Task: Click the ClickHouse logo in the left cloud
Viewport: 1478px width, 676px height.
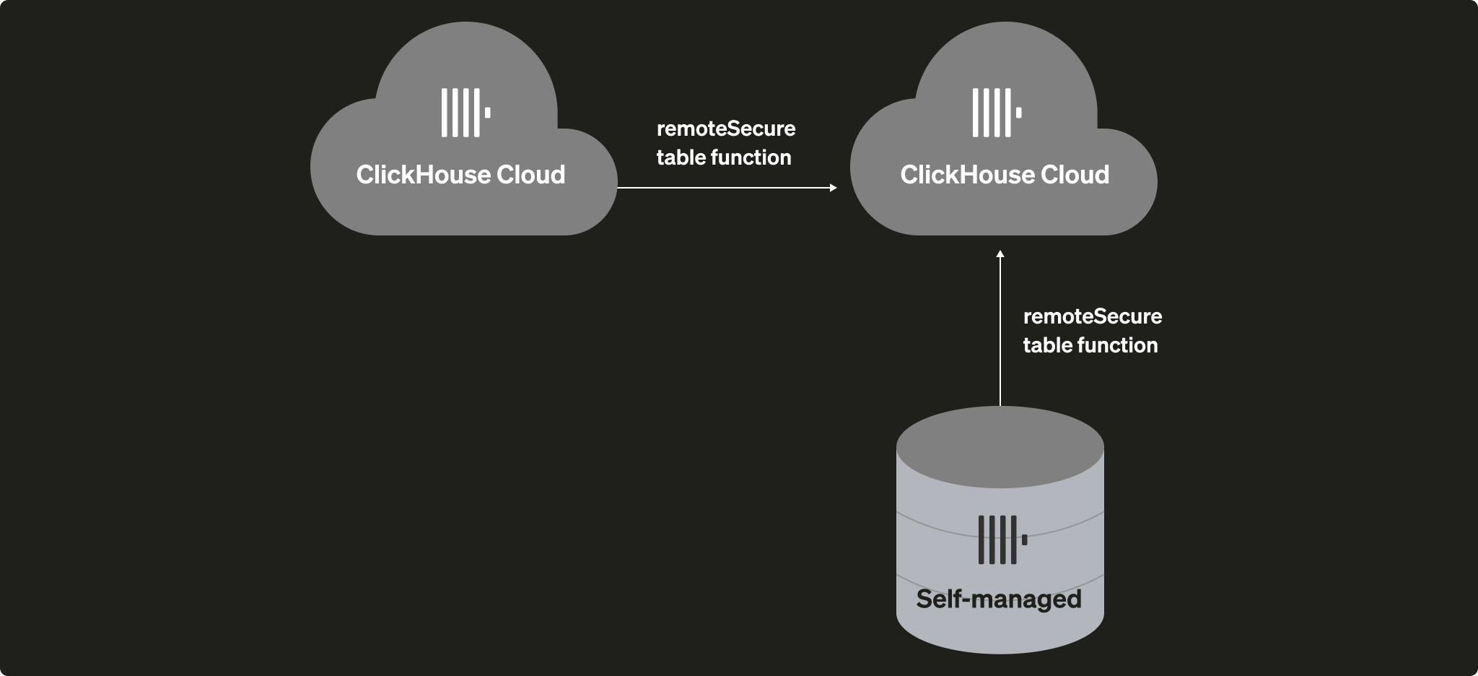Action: [465, 113]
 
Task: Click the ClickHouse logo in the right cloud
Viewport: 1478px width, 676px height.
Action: [996, 113]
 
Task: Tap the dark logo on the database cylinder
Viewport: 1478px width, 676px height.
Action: [1002, 539]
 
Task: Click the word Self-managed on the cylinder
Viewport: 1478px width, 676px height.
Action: [999, 599]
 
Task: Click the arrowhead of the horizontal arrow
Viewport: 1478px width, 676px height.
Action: [833, 188]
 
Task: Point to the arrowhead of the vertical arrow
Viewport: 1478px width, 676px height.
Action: [1000, 254]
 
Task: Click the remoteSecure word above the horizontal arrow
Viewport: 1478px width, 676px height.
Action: [726, 129]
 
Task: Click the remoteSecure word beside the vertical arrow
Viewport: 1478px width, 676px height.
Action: [1093, 316]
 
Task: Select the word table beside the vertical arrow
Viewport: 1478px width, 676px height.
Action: [1046, 345]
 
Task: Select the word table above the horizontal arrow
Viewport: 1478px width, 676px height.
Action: [680, 157]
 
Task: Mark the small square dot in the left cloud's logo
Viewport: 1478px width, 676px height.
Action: [488, 113]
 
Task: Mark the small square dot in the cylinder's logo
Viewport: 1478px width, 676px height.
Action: [1024, 539]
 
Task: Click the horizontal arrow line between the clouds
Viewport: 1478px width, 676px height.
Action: [722, 188]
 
